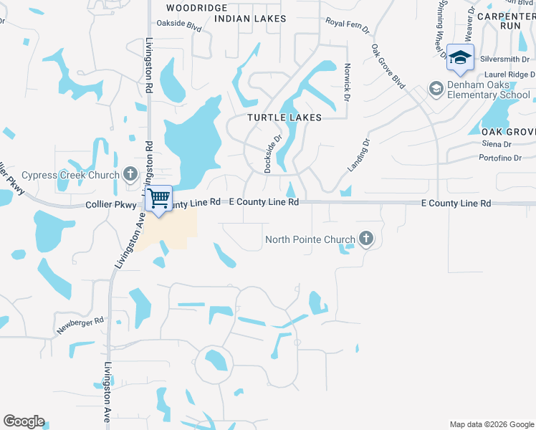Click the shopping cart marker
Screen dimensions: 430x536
click(159, 198)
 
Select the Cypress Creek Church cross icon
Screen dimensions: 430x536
click(130, 173)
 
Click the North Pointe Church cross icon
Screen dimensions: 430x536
click(365, 239)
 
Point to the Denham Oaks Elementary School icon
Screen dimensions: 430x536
click(435, 89)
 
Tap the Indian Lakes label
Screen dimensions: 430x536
click(250, 19)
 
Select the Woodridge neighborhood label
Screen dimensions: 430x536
click(191, 7)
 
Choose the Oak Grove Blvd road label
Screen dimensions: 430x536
click(388, 67)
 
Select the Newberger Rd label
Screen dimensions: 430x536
click(80, 326)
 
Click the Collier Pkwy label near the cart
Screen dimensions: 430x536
click(105, 204)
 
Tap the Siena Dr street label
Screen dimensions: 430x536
click(496, 144)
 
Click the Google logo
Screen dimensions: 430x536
click(24, 421)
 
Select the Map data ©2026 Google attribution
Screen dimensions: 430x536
click(490, 424)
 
